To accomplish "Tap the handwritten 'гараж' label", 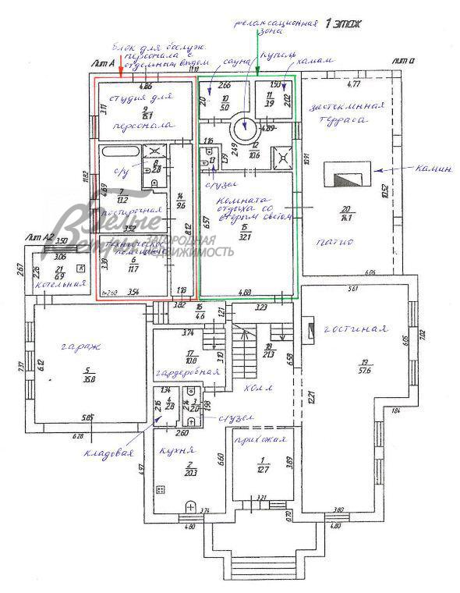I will [x=76, y=350].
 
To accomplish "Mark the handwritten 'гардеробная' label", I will [x=180, y=372].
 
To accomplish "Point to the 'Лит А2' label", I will [x=39, y=236].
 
